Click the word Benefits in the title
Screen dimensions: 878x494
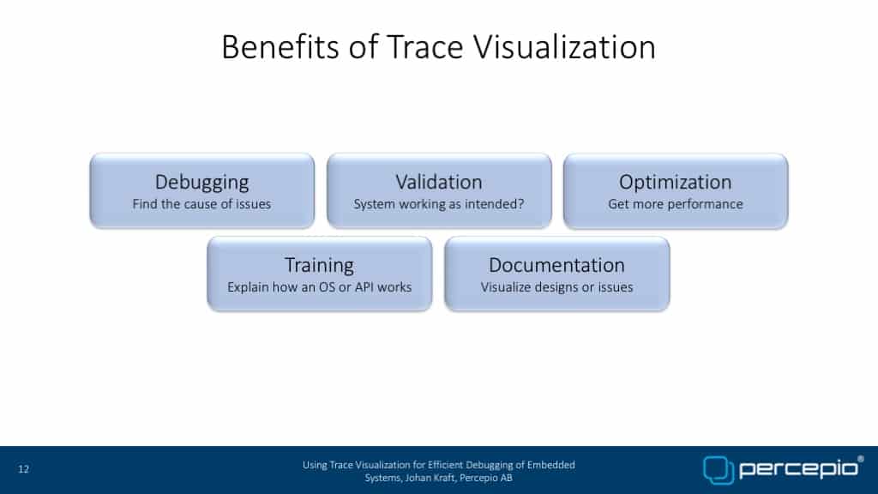coord(280,46)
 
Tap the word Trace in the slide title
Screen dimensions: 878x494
coord(425,46)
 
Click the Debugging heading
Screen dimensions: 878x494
coord(202,183)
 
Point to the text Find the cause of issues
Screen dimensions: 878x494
coord(201,204)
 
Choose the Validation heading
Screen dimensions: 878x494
coord(439,182)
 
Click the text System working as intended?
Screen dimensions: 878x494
coord(439,204)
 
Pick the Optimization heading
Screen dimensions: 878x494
coord(676,183)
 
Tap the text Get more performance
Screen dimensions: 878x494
coord(676,204)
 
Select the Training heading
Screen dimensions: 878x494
coord(319,266)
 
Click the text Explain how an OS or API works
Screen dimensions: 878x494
coord(319,287)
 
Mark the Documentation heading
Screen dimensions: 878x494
coord(556,265)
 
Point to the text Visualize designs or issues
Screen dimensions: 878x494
coord(556,287)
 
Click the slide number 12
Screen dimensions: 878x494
coord(23,469)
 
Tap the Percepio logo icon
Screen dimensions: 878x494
coord(719,470)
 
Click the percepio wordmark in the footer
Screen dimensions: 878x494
coord(798,469)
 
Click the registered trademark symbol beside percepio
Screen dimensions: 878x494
coord(861,460)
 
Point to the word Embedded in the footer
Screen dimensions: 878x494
coord(551,465)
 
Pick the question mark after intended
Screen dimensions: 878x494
coord(521,204)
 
